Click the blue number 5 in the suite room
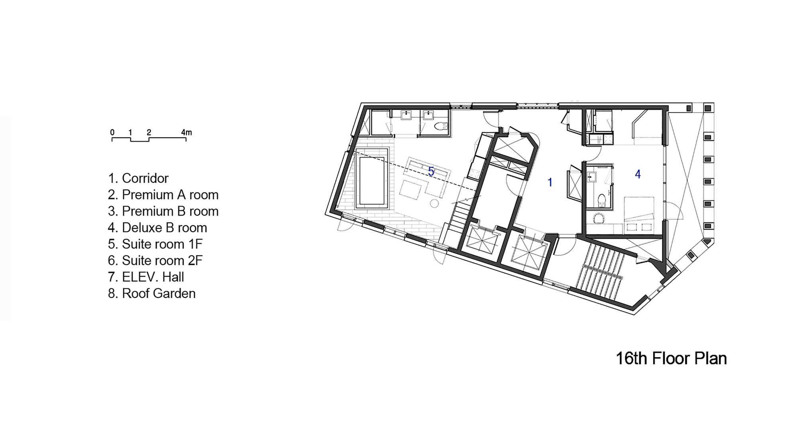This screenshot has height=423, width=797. coord(431,171)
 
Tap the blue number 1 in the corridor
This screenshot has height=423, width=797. coord(550,182)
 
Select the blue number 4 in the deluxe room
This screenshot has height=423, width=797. coord(638,174)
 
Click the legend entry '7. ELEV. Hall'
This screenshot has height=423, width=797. coord(146,277)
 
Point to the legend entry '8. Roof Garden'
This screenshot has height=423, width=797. coord(152,293)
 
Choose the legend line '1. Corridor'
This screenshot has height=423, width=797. coord(138,178)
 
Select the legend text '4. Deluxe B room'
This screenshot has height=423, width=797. coord(157,228)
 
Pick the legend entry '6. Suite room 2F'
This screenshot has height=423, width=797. coord(155,260)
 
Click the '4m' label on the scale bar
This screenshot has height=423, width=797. coord(186,132)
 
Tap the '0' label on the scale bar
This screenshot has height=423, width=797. coord(112,132)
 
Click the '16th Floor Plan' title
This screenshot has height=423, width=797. coord(671,358)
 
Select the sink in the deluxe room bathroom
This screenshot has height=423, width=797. coord(592,176)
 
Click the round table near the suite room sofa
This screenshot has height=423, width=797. coord(434,203)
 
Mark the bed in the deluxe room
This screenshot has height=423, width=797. coord(639,214)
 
